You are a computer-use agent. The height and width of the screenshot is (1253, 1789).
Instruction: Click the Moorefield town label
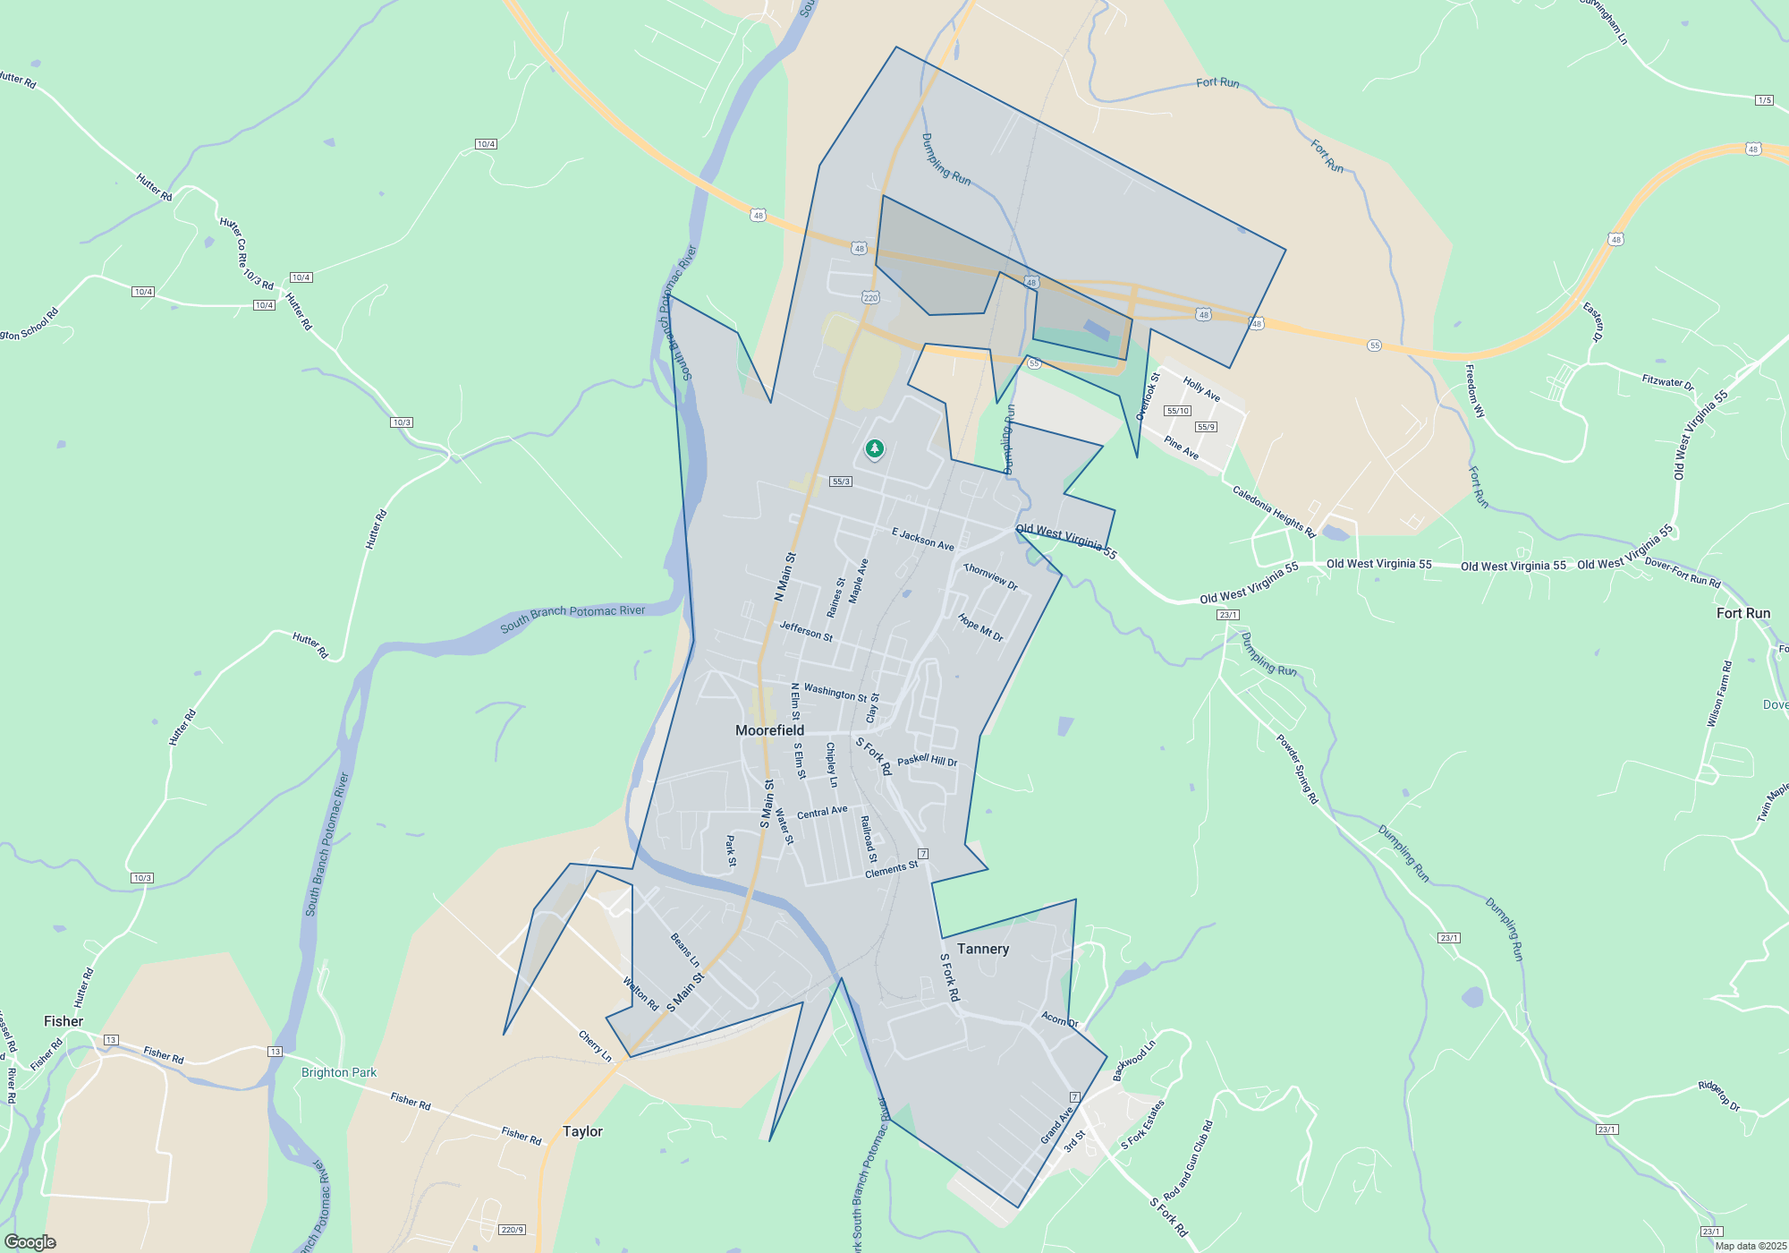pyautogui.click(x=769, y=730)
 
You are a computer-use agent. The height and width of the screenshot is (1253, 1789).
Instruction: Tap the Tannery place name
pyautogui.click(x=982, y=949)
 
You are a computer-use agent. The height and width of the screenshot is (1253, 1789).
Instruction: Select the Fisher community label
pyautogui.click(x=64, y=1021)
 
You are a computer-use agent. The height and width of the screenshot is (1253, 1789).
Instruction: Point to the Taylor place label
pyautogui.click(x=582, y=1131)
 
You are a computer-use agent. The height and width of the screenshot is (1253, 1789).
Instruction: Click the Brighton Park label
pyautogui.click(x=339, y=1072)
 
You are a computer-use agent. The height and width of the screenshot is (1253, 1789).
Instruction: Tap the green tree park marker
pyautogui.click(x=874, y=448)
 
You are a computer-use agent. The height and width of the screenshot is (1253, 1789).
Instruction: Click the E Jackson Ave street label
pyautogui.click(x=922, y=539)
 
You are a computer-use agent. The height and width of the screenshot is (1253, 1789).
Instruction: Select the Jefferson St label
pyautogui.click(x=806, y=632)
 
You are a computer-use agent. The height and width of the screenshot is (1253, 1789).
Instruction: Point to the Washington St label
pyautogui.click(x=835, y=693)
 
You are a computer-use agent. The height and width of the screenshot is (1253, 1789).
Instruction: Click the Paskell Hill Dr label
pyautogui.click(x=927, y=761)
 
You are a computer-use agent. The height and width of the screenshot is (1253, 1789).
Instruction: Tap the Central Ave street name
pyautogui.click(x=822, y=812)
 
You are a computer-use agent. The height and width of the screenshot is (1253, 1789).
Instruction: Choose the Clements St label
pyautogui.click(x=891, y=869)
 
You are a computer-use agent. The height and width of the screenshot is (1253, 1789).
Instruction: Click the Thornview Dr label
pyautogui.click(x=990, y=576)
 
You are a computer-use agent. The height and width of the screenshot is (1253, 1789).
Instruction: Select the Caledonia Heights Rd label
pyautogui.click(x=1274, y=512)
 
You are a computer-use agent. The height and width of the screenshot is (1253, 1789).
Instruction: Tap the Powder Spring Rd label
pyautogui.click(x=1297, y=769)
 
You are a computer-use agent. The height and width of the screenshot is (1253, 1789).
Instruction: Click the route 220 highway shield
pyautogui.click(x=870, y=297)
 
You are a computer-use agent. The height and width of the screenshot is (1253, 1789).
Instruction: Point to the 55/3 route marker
pyautogui.click(x=841, y=482)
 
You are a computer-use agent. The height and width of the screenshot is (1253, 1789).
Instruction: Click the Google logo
pyautogui.click(x=30, y=1242)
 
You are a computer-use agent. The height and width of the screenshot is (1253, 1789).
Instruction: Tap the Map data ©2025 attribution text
pyautogui.click(x=1751, y=1246)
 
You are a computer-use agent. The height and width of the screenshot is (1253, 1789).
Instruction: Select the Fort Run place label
pyautogui.click(x=1742, y=613)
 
